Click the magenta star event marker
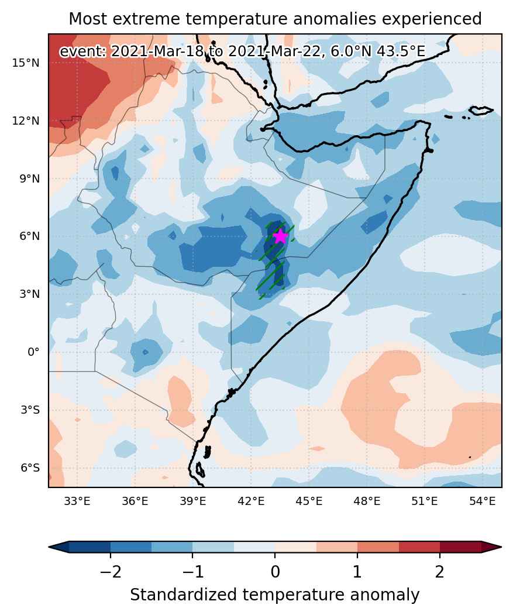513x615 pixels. (280, 236)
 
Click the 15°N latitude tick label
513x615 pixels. (26, 63)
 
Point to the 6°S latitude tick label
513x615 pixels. (30, 468)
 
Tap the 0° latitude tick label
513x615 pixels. (34, 352)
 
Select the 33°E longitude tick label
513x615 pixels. (77, 501)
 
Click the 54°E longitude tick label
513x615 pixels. (483, 501)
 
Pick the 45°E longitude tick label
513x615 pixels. (309, 501)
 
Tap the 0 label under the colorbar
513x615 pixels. (276, 572)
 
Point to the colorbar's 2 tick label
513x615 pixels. (440, 572)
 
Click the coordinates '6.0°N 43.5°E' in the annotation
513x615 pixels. (378, 51)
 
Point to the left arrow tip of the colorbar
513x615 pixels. (49, 547)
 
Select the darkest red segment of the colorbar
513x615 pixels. (460, 547)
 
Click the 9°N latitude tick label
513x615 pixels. (30, 179)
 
